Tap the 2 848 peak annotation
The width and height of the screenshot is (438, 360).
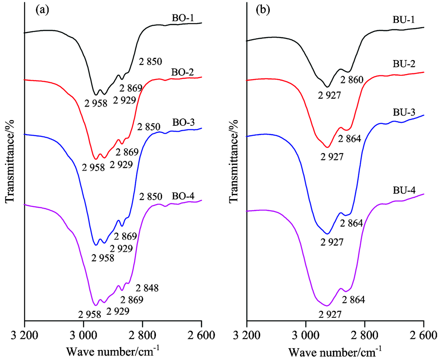147,288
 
